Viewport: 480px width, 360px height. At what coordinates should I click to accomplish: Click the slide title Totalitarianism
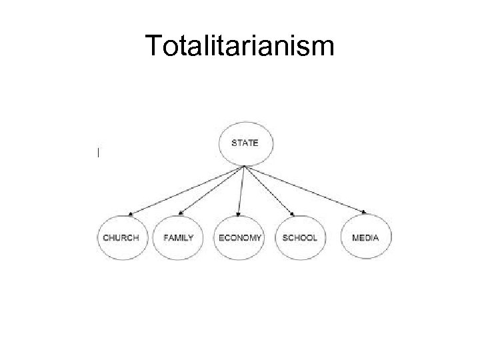[241, 46]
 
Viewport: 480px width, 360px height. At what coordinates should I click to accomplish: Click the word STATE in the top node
[245, 142]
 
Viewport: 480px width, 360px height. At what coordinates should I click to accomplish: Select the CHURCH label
[121, 237]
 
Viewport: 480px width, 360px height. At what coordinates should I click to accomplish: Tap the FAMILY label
[178, 237]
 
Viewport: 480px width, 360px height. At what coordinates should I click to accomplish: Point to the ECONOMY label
[239, 237]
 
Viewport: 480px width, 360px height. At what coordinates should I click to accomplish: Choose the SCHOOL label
[299, 237]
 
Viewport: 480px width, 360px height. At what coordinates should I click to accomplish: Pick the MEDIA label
[365, 237]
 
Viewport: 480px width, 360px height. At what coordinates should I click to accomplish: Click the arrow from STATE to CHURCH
[187, 191]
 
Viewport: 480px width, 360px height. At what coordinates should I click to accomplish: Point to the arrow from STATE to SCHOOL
[269, 191]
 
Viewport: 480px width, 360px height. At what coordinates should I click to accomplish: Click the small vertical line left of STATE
[98, 153]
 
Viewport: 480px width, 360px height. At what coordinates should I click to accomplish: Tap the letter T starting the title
[152, 46]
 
